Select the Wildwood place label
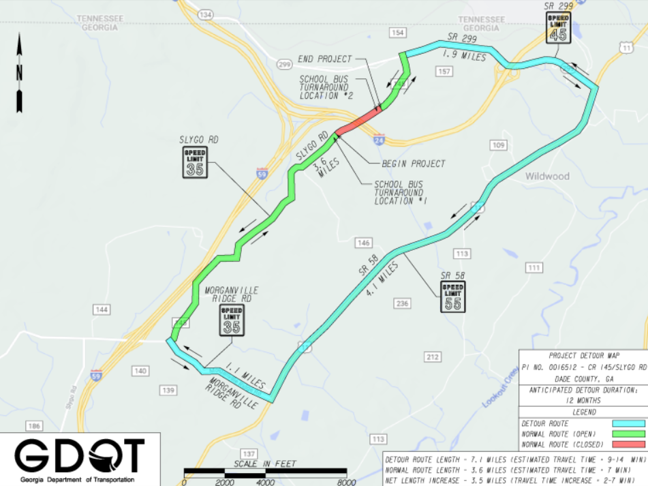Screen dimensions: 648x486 (x=546, y=177)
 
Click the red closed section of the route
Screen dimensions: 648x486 (x=358, y=120)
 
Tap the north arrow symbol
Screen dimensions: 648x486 (x=20, y=75)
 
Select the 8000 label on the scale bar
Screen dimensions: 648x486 (x=346, y=481)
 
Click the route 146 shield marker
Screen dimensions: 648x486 (x=363, y=243)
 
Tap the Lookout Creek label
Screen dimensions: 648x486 (x=501, y=393)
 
